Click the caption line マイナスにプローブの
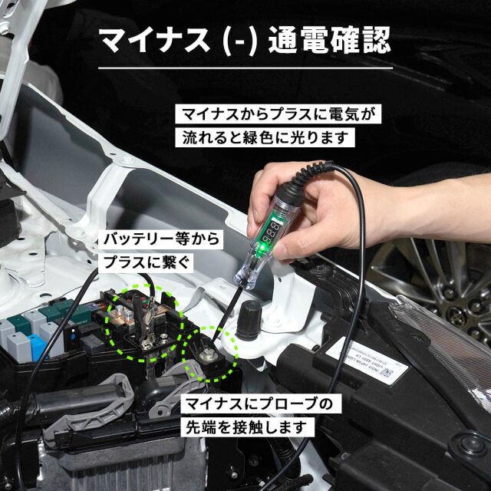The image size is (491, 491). pyautogui.click(x=258, y=404)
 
